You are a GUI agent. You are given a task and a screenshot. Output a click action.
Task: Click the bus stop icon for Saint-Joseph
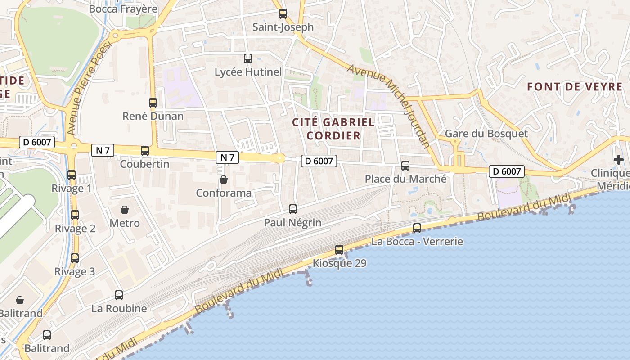pyautogui.click(x=283, y=14)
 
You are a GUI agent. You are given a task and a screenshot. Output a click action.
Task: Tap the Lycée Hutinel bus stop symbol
pyautogui.click(x=248, y=58)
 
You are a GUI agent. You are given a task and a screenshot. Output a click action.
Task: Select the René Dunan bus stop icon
pyautogui.click(x=153, y=103)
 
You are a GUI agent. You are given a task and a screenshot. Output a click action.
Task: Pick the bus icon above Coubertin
pyautogui.click(x=145, y=151)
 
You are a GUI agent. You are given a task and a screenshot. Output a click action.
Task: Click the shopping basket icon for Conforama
pyautogui.click(x=224, y=180)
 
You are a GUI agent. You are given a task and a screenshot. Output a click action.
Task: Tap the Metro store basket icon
pyautogui.click(x=125, y=210)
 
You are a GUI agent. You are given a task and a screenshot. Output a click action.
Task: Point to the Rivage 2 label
pyautogui.click(x=75, y=229)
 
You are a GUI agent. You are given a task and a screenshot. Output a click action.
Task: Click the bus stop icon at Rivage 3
pyautogui.click(x=75, y=258)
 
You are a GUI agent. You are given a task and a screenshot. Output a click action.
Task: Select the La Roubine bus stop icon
pyautogui.click(x=119, y=295)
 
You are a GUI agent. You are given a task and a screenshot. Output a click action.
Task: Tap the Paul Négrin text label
pyautogui.click(x=292, y=223)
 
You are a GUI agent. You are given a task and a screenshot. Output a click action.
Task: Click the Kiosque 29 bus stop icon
pyautogui.click(x=339, y=250)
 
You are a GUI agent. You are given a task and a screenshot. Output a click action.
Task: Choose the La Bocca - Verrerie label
pyautogui.click(x=417, y=242)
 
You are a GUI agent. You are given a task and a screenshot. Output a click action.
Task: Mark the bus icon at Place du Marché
pyautogui.click(x=405, y=166)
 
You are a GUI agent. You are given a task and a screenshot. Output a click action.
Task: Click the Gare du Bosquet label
pyautogui.click(x=486, y=134)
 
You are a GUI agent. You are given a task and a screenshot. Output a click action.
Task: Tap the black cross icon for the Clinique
pyautogui.click(x=619, y=160)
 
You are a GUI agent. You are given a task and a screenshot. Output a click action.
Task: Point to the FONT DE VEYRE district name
pyautogui.click(x=575, y=87)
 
